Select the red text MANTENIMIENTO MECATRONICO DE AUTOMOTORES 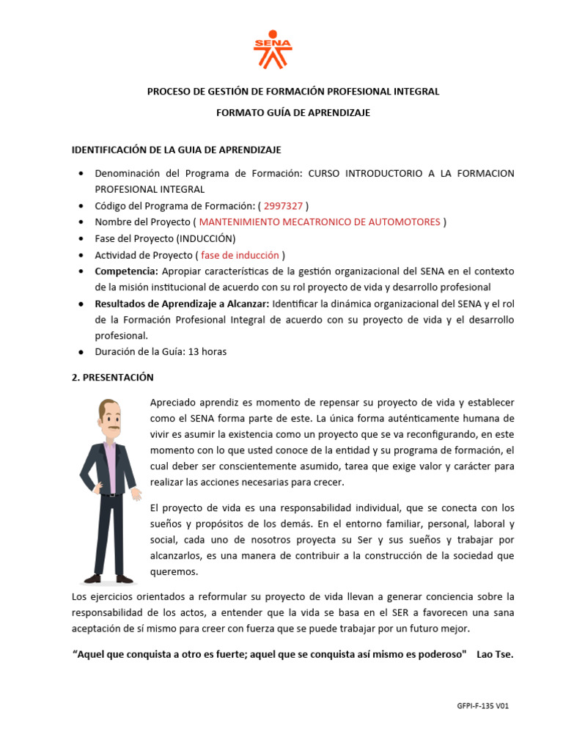pos(320,221)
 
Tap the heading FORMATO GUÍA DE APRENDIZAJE pos(292,113)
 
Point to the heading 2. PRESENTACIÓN pos(112,377)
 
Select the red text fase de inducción pos(240,254)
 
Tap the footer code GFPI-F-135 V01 pos(482,706)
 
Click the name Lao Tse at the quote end pos(495,654)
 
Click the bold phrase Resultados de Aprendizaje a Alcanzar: pos(182,304)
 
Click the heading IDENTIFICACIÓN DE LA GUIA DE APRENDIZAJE pos(176,150)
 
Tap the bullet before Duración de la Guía pos(79,351)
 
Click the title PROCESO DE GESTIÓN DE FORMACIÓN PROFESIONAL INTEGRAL pos(292,92)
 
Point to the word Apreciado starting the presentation pos(174,403)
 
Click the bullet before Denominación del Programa pos(79,174)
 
